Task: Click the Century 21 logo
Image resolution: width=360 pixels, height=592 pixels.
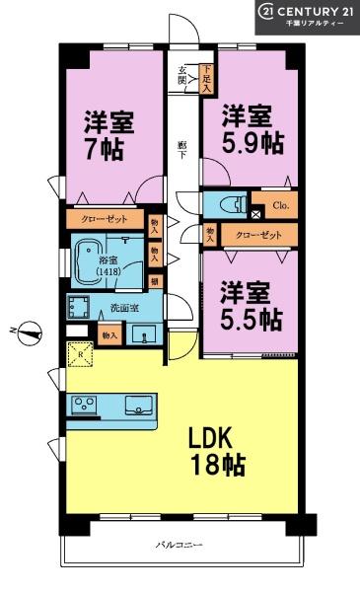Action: [x=307, y=17]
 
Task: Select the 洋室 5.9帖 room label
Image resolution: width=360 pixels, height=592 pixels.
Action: [x=252, y=127]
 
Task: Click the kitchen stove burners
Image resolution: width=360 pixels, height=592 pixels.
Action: [x=83, y=404]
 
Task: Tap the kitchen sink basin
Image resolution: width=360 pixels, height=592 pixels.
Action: [x=135, y=403]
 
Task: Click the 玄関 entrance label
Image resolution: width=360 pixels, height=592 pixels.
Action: [x=184, y=75]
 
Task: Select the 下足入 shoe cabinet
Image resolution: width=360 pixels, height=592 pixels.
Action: [x=206, y=78]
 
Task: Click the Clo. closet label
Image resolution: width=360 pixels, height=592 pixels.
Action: [x=280, y=206]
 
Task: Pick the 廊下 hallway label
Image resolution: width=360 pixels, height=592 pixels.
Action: [x=183, y=148]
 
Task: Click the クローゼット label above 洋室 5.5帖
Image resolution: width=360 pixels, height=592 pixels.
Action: [x=259, y=235]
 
